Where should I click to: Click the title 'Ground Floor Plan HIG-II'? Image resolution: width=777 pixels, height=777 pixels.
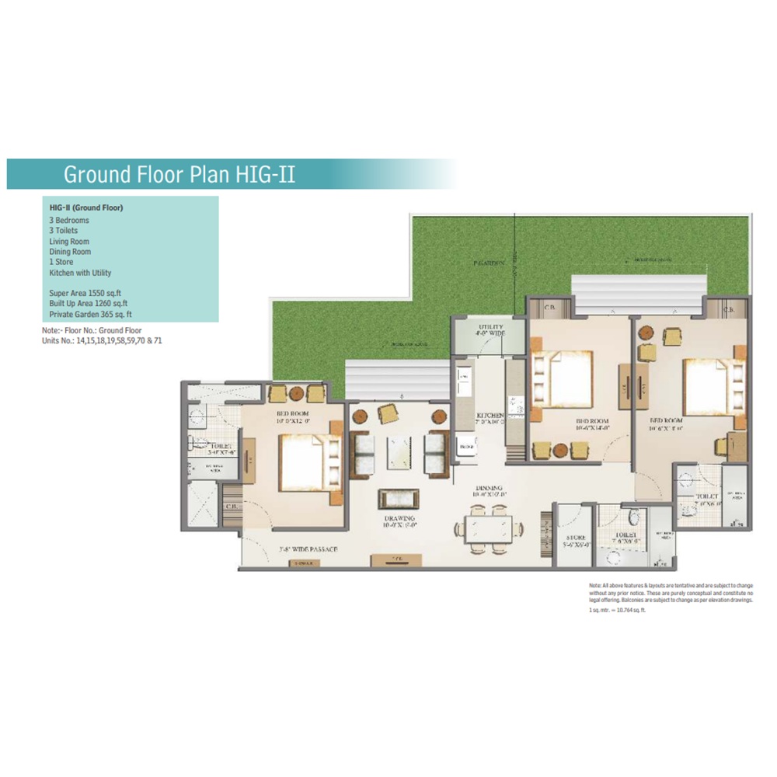179,173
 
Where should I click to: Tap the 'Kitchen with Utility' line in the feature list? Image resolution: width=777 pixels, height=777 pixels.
80,273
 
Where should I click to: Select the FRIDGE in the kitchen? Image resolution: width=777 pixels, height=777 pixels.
467,448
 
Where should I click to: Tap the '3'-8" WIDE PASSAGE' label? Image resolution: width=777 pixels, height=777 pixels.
308,549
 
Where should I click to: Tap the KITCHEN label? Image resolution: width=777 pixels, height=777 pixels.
490,418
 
